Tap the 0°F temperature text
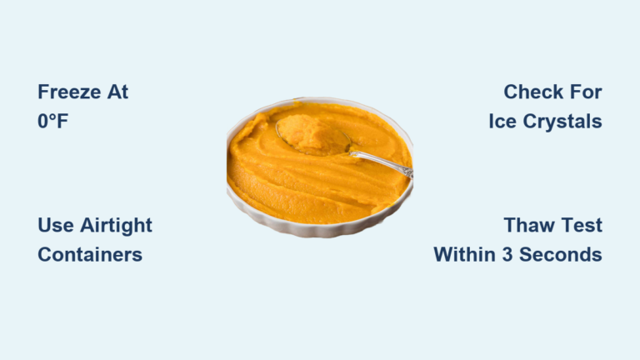click(x=52, y=121)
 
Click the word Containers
click(x=90, y=254)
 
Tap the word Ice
click(x=507, y=121)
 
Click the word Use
click(x=54, y=225)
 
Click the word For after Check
click(x=584, y=92)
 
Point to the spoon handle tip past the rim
click(x=407, y=170)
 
